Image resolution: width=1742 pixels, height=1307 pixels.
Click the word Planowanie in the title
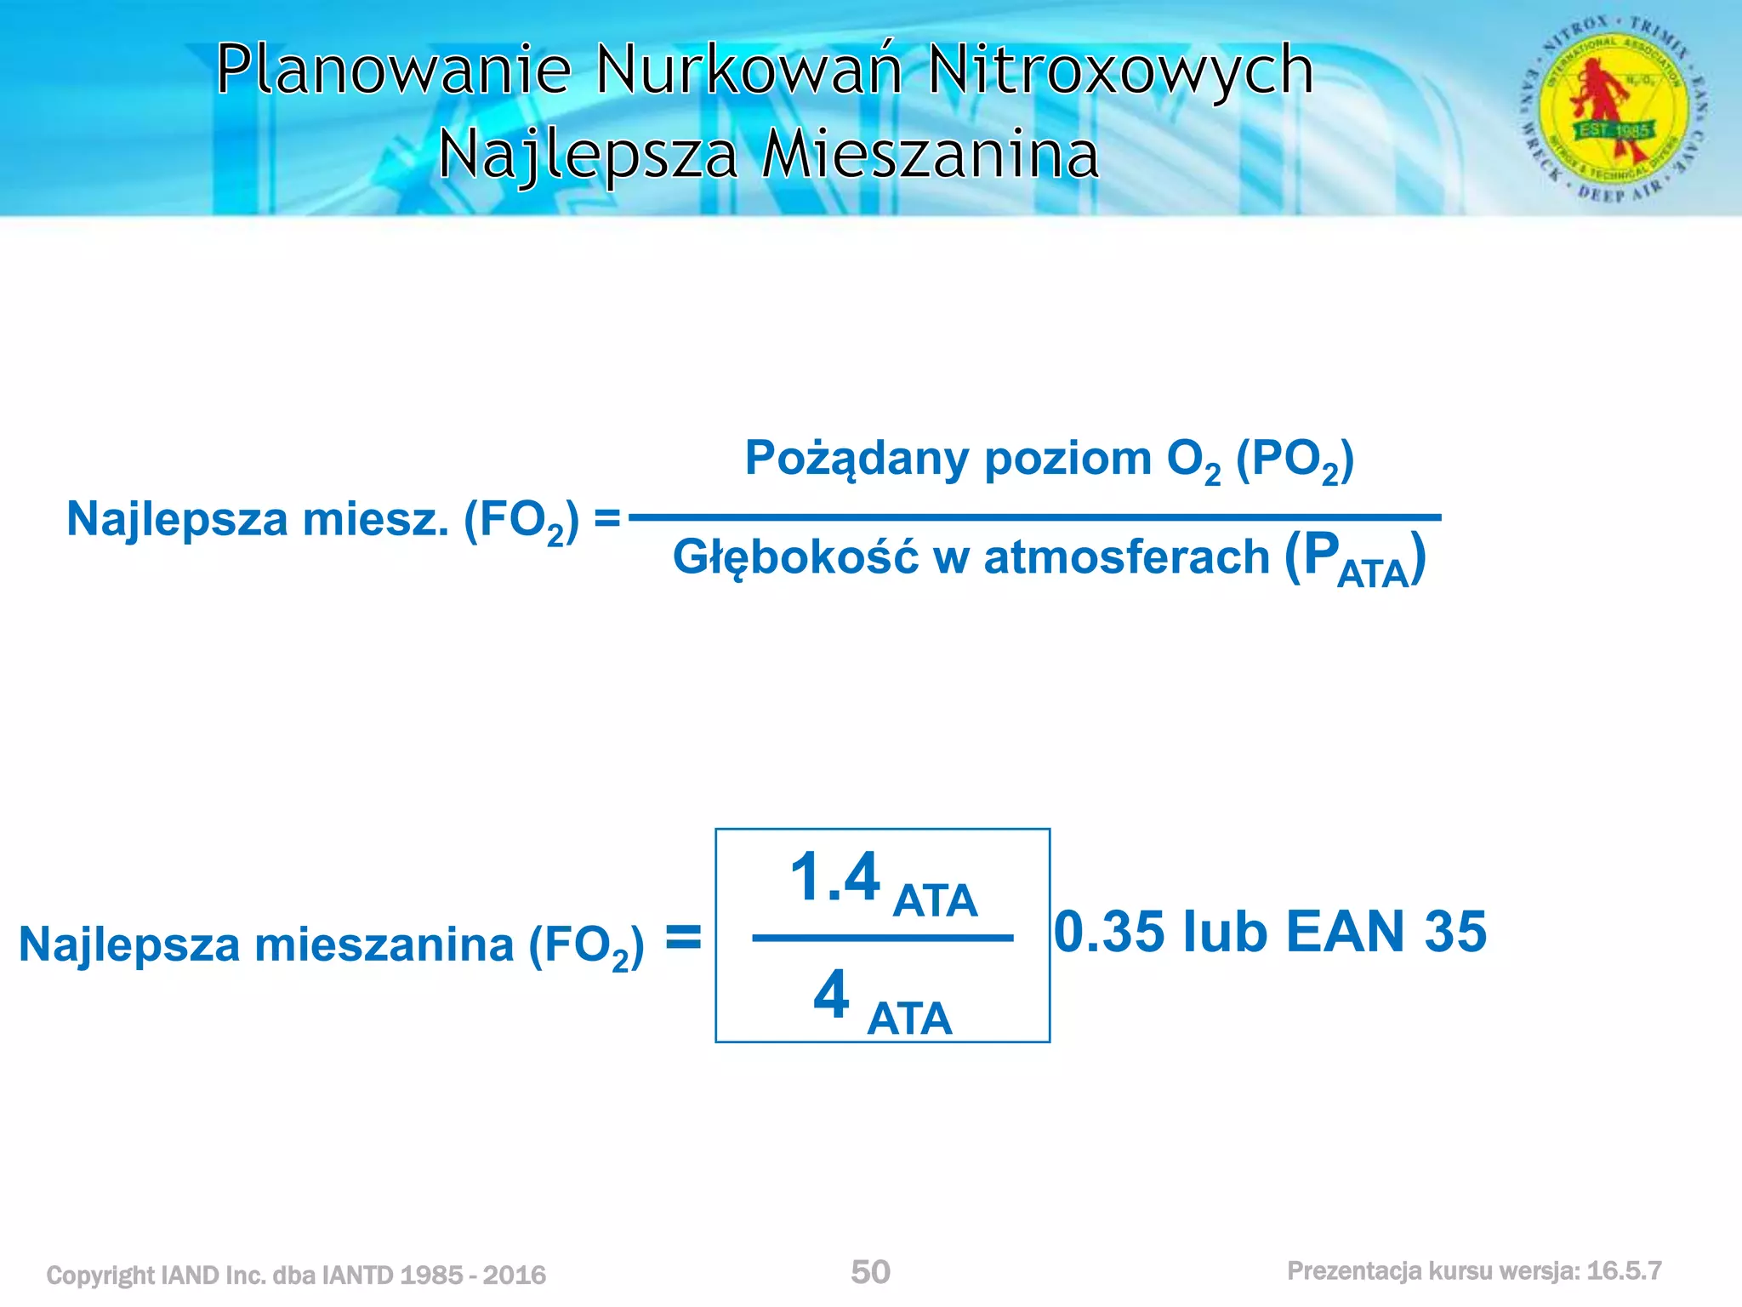pos(393,70)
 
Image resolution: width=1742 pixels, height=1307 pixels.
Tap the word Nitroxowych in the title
pos(1120,70)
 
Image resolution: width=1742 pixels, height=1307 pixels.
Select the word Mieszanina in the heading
pos(930,155)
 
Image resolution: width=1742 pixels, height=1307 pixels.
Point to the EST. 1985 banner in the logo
pos(1614,130)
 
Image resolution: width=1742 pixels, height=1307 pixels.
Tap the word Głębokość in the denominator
pos(795,559)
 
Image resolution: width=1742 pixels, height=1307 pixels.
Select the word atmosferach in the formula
pos(1126,559)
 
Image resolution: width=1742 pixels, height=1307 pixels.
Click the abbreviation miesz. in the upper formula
pos(375,520)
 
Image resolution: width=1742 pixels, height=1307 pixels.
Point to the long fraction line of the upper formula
pos(1034,517)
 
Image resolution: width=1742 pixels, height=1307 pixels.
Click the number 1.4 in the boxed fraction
pos(834,878)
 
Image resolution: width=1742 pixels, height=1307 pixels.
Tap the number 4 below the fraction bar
pos(831,994)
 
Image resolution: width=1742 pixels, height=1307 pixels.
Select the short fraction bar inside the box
pos(882,939)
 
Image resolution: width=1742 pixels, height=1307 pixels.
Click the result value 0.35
pos(1109,932)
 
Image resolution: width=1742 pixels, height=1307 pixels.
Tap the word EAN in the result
pos(1345,932)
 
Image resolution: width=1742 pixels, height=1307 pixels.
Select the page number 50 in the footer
pos(870,1272)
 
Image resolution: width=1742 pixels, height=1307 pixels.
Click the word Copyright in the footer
pos(100,1276)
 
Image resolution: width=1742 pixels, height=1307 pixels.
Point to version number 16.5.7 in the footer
pos(1624,1271)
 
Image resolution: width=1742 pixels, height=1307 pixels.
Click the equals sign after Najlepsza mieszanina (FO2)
pos(683,939)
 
